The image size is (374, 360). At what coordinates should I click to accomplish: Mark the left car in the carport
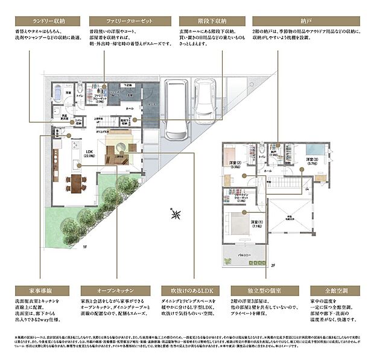[x=174, y=110]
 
